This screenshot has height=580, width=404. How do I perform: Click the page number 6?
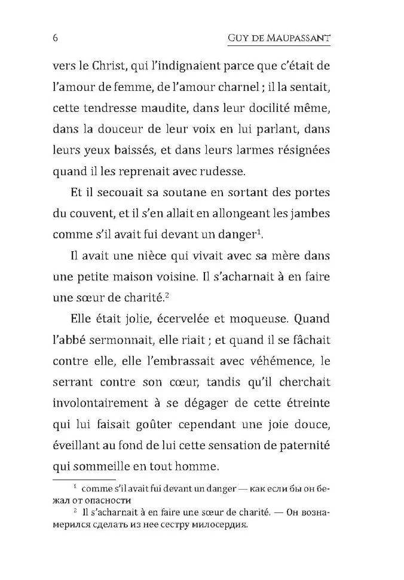click(x=56, y=39)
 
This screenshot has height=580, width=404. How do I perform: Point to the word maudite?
click(x=179, y=110)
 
